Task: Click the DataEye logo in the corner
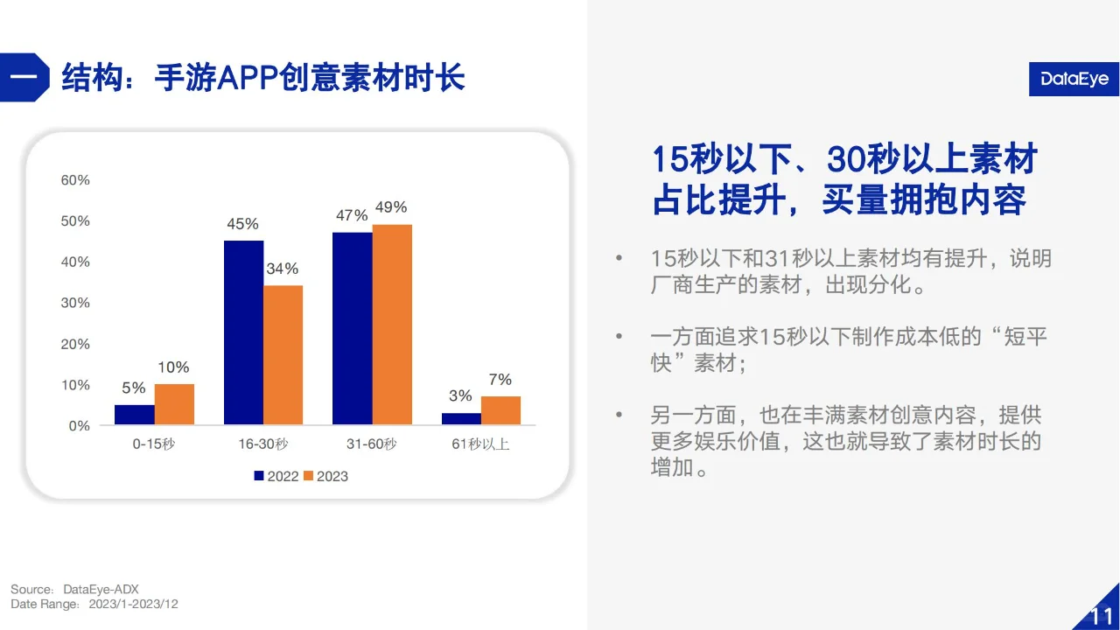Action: coord(1074,80)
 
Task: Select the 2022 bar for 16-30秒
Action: coord(243,332)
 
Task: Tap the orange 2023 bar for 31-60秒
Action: coord(392,325)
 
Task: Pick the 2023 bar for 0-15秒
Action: coord(174,404)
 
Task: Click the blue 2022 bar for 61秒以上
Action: coord(460,419)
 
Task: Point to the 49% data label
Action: coord(390,207)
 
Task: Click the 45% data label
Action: coord(243,224)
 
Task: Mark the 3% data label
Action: coord(460,396)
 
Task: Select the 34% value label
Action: coord(283,269)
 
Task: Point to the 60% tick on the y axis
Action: coord(75,180)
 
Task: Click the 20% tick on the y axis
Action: coord(75,344)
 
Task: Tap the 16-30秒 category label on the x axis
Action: coord(262,444)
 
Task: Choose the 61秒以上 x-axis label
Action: coord(480,444)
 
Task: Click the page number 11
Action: coord(1100,614)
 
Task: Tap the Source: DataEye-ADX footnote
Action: coord(75,589)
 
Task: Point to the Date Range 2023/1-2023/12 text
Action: coord(94,604)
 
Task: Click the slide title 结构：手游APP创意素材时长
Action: coord(262,78)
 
